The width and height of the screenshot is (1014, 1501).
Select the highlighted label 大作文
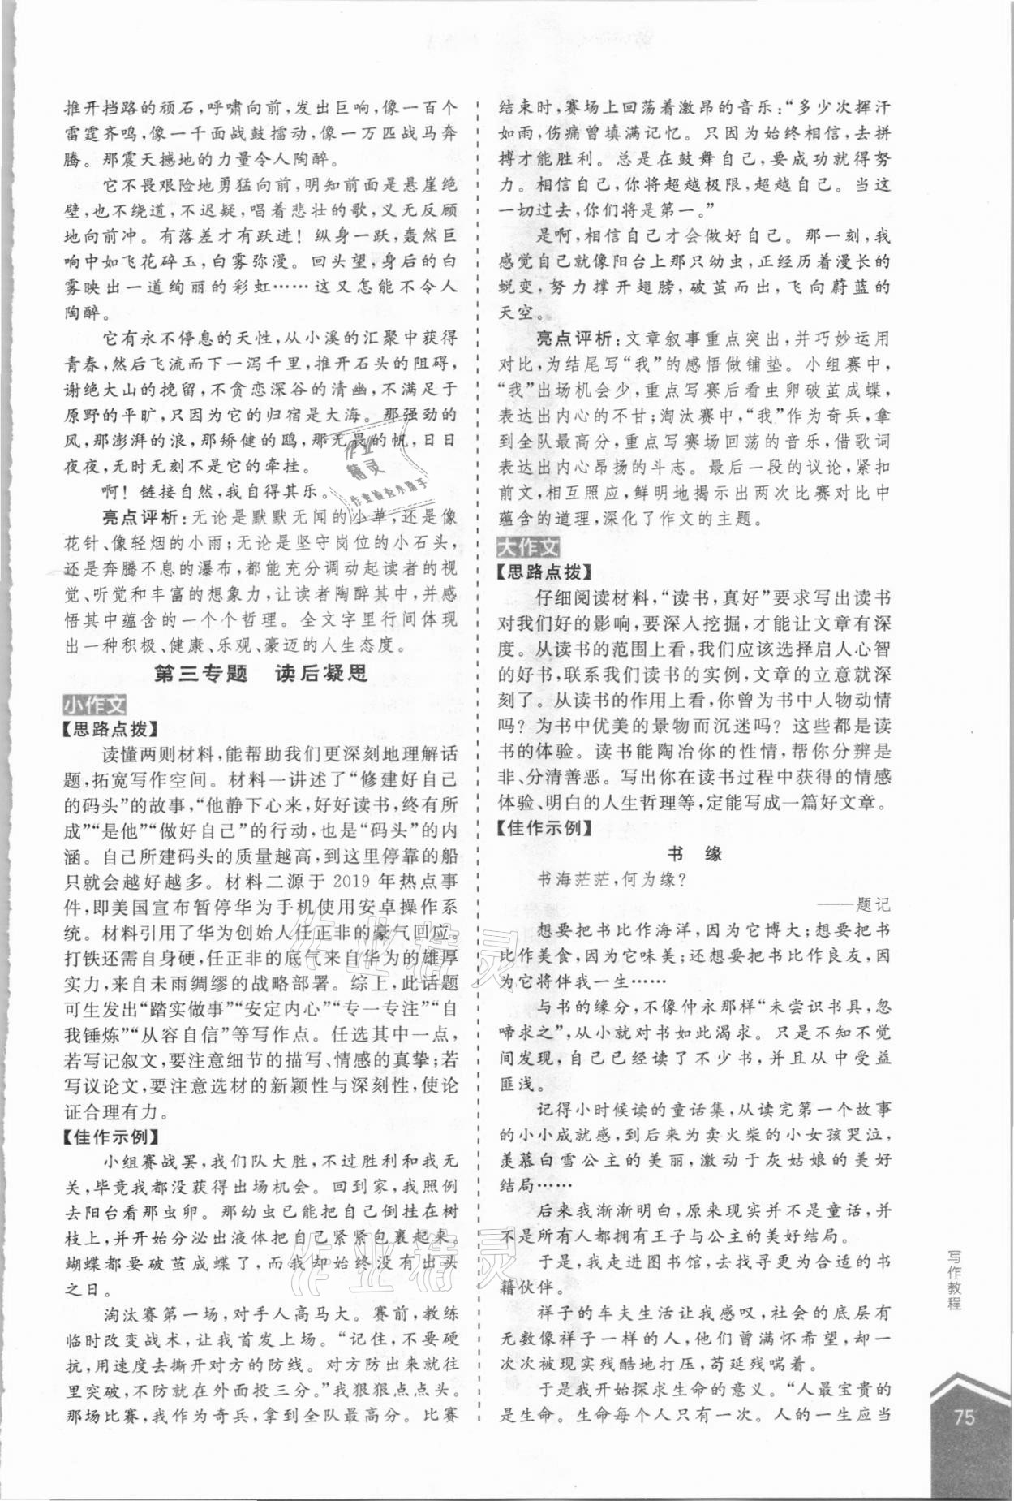coord(528,546)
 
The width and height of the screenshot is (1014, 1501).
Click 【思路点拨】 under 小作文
coord(110,729)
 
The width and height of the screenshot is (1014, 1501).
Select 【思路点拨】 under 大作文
coord(544,571)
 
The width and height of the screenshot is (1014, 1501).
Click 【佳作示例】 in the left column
coord(110,1137)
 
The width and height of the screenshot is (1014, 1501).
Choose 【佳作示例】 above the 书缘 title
coord(544,828)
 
